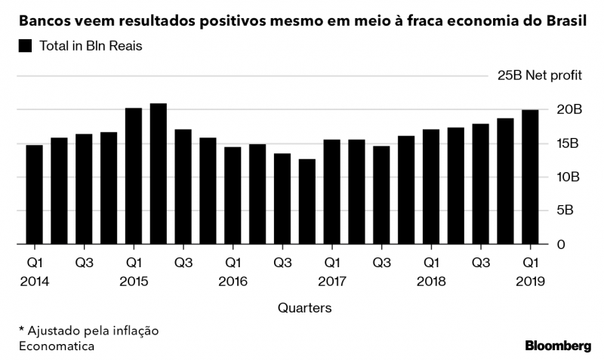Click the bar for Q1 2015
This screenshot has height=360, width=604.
click(134, 177)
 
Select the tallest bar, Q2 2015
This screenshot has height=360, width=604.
click(159, 174)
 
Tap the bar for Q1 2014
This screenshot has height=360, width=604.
click(35, 195)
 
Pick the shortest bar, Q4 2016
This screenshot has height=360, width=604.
click(307, 202)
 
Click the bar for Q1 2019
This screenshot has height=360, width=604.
click(531, 177)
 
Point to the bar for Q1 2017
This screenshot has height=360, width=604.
click(332, 192)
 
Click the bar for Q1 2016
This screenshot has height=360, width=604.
click(233, 196)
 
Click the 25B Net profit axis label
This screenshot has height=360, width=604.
click(538, 75)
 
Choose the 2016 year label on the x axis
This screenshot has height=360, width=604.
click(233, 281)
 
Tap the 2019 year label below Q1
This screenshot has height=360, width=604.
click(531, 281)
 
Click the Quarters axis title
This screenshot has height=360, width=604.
click(304, 308)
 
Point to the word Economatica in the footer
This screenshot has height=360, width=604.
click(56, 346)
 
